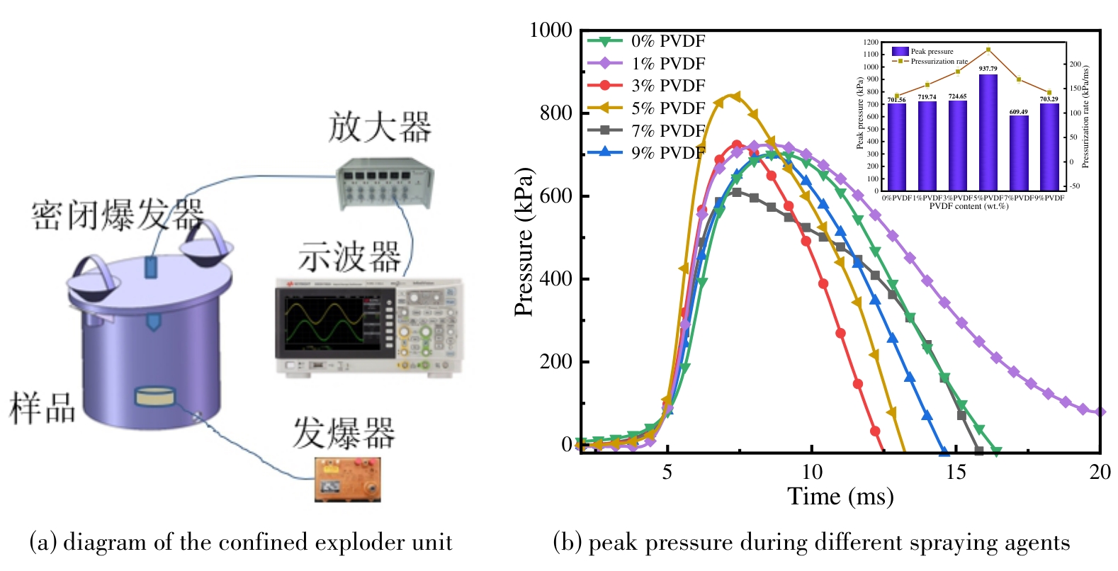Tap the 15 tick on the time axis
point(956,472)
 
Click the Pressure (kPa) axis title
point(524,242)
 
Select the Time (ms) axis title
point(840,497)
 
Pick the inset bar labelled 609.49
point(1018,152)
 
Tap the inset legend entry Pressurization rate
point(939,62)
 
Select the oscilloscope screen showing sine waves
point(322,324)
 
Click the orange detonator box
point(347,480)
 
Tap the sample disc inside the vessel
point(154,397)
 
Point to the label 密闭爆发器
point(118,215)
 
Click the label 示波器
point(349,256)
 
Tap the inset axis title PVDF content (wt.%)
point(969,206)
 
